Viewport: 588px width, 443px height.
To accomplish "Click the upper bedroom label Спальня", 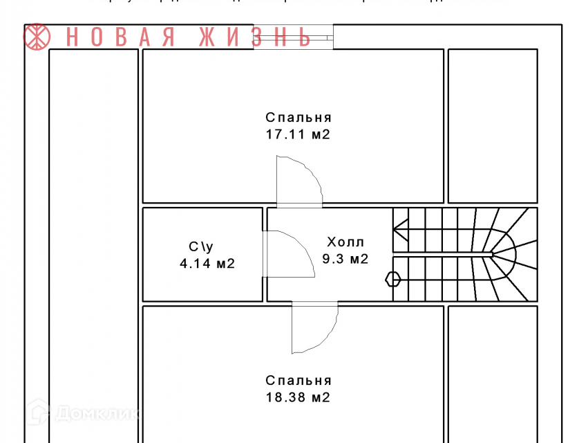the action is tap(298, 117).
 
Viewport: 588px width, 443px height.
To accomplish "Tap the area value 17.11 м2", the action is tap(298, 134).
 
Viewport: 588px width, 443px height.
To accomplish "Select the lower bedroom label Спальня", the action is tap(298, 380).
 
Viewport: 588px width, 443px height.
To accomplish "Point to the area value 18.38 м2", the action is tap(298, 397).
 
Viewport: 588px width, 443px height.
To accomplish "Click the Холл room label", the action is tap(345, 242).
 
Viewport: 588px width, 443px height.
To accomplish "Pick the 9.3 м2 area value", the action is tap(345, 260).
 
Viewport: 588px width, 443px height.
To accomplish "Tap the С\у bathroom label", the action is tap(202, 246).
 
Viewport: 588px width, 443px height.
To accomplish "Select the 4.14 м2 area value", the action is tap(207, 263).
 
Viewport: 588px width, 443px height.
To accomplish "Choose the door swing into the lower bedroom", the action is tap(314, 328).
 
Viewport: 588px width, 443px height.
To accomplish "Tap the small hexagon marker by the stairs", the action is tap(392, 279).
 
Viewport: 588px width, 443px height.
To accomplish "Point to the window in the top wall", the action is tap(293, 37).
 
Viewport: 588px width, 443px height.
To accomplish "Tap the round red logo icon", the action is tap(38, 37).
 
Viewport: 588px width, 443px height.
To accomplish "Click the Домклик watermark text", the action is tap(97, 414).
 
